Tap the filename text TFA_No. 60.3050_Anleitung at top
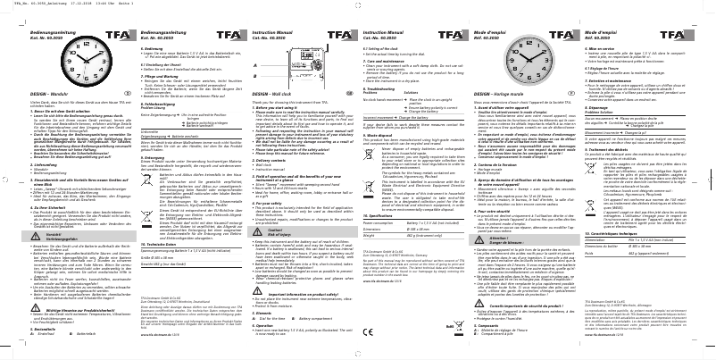tap(27, 4)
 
